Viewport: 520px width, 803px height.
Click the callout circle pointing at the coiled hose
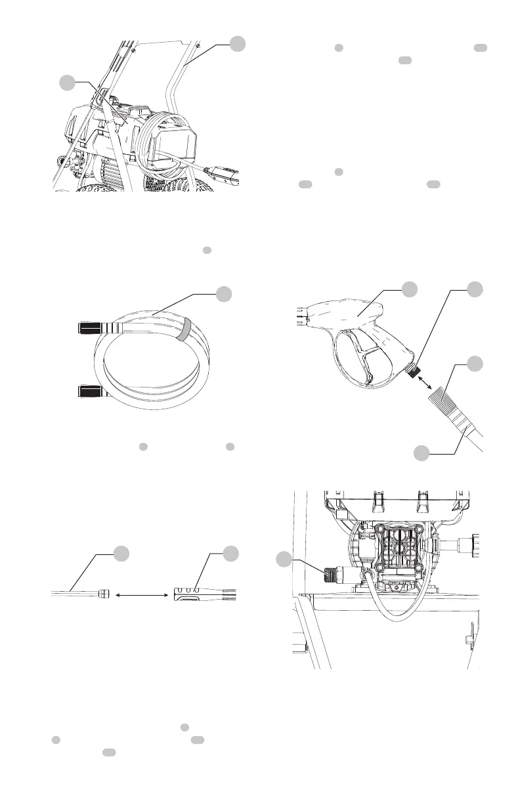(x=225, y=294)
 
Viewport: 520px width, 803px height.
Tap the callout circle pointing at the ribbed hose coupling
(x=475, y=365)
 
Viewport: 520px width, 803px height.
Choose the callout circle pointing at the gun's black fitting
(x=475, y=291)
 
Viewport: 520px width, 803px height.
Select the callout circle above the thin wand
(x=122, y=552)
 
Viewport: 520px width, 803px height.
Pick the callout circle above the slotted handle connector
(x=229, y=552)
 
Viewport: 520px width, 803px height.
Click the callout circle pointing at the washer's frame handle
(x=238, y=43)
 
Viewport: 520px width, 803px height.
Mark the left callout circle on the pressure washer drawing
(x=66, y=83)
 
